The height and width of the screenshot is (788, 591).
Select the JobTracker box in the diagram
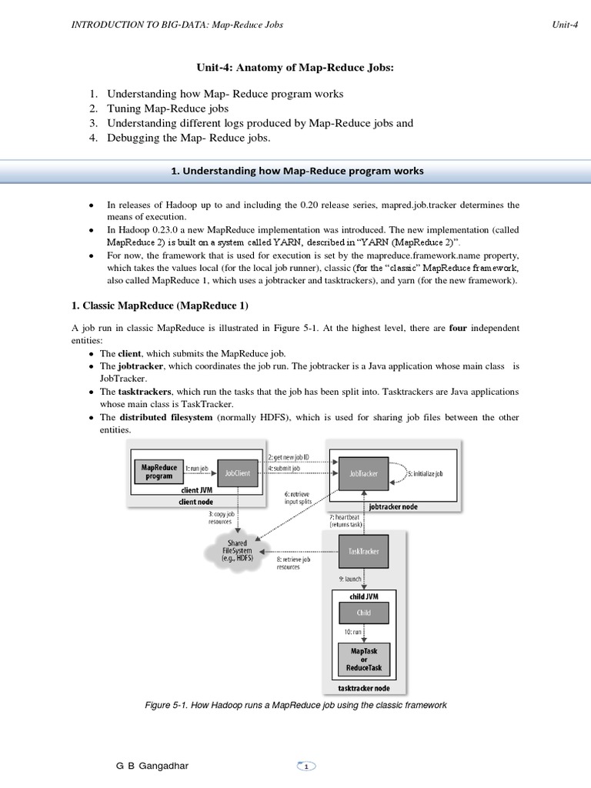[363, 473]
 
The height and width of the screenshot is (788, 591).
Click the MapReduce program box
[159, 472]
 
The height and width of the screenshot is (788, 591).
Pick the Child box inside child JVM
[363, 613]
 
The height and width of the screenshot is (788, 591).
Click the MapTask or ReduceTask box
[363, 659]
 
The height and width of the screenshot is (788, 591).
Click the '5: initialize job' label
[424, 473]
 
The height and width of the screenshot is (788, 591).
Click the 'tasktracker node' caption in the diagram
[363, 687]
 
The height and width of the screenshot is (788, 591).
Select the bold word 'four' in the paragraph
[458, 329]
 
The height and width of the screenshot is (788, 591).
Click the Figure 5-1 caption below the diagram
[295, 705]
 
